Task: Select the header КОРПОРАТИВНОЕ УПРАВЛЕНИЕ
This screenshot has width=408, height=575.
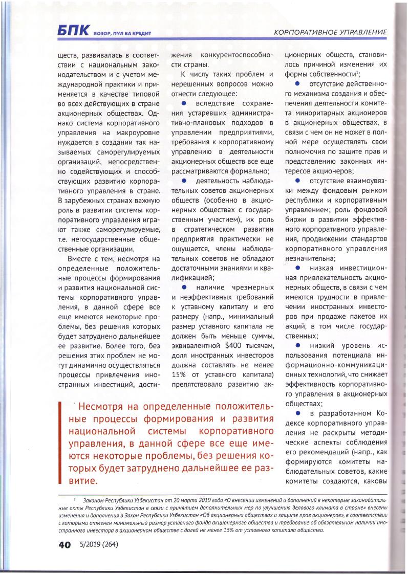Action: [x=330, y=32]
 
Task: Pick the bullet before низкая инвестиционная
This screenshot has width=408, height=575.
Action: [x=297, y=268]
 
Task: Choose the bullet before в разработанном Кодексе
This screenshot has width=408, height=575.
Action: [x=297, y=412]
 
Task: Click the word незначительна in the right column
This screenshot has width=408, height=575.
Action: [x=310, y=258]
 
